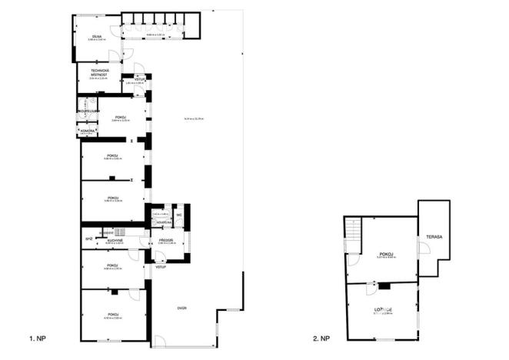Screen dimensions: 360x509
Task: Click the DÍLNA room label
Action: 96,36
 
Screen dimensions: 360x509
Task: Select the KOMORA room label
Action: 88,131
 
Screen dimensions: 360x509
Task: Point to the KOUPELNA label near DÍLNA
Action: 86,111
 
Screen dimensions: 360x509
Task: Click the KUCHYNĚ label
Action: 113,239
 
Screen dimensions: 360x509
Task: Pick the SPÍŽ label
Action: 88,239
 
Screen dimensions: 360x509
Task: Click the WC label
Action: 178,215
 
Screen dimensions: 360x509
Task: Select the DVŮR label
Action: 182,308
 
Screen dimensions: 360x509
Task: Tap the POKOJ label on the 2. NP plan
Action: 386,253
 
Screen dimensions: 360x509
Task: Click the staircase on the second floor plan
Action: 353,229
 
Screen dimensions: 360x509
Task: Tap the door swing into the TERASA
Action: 422,248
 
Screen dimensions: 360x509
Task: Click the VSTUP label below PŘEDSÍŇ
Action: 161,267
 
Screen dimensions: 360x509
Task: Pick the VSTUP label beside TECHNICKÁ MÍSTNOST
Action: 140,79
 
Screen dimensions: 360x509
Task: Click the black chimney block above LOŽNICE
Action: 384,286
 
